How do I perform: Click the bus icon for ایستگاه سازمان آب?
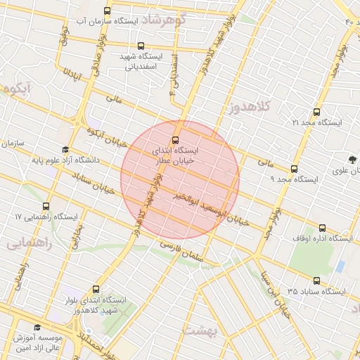pyautogui.click(x=107, y=11)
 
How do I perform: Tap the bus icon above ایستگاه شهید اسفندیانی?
pyautogui.click(x=149, y=45)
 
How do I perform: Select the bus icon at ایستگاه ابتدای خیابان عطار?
pyautogui.click(x=176, y=139)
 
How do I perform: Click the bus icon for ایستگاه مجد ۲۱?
pyautogui.click(x=316, y=111)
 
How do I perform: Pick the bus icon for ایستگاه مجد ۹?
pyautogui.click(x=294, y=168)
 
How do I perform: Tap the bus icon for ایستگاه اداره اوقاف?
pyautogui.click(x=323, y=227)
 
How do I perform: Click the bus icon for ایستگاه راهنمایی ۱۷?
pyautogui.click(x=46, y=206)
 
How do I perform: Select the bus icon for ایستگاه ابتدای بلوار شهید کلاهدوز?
pyautogui.click(x=96, y=288)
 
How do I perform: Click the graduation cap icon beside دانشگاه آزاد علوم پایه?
pyautogui.click(x=65, y=150)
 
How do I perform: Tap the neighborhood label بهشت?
pyautogui.click(x=229, y=328)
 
